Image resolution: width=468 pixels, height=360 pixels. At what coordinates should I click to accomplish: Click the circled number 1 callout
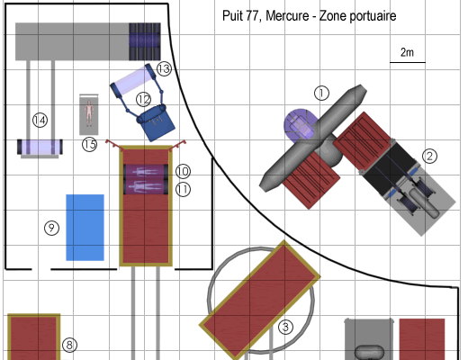pos(321,93)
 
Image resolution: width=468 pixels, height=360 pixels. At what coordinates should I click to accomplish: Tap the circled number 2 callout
pos(429,156)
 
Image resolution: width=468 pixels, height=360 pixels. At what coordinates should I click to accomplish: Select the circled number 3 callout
pos(285,327)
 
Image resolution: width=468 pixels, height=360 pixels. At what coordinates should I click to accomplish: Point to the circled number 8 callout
pos(69,345)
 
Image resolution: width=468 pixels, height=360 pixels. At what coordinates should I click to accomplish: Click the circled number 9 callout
pos(51,228)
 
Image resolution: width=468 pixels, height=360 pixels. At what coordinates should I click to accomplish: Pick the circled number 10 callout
pos(183,171)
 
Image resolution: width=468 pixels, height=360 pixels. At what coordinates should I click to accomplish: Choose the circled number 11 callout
pos(183,190)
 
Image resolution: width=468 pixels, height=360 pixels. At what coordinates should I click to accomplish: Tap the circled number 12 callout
pos(144,99)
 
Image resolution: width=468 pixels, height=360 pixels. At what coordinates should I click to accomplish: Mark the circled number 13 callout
pos(164,69)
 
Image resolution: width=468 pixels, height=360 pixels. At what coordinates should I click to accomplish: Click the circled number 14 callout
pos(40,121)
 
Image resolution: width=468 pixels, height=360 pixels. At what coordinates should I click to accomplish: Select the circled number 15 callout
pos(90,144)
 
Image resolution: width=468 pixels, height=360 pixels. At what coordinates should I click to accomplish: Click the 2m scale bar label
pos(407,52)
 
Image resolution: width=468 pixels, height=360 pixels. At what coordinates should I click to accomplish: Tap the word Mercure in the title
pos(287,16)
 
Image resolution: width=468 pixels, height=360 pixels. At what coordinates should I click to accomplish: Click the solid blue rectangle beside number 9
pos(85,228)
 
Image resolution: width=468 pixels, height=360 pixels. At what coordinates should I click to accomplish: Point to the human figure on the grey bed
pos(89,113)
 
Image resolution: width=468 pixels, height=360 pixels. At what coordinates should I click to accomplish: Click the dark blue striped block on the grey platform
pos(145,41)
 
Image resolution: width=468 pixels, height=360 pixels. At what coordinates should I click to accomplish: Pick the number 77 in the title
pos(251,16)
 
